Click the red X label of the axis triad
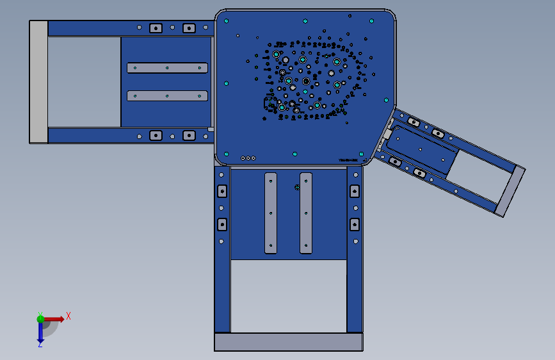pyautogui.click(x=68, y=316)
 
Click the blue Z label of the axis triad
pyautogui.click(x=40, y=344)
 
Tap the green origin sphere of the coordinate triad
pyautogui.click(x=40, y=318)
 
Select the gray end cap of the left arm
pyautogui.click(x=38, y=81)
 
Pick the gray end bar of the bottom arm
pyautogui.click(x=289, y=341)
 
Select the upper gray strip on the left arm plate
pyautogui.click(x=167, y=68)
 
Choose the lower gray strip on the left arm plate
pyautogui.click(x=167, y=95)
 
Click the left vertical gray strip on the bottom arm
pyautogui.click(x=271, y=213)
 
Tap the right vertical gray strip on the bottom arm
pyautogui.click(x=306, y=213)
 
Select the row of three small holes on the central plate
pyautogui.click(x=248, y=158)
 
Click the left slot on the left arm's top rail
pyautogui.click(x=155, y=28)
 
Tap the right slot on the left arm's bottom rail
pyautogui.click(x=189, y=135)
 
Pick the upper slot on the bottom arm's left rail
pyautogui.click(x=222, y=191)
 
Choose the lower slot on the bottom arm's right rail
pyautogui.click(x=355, y=224)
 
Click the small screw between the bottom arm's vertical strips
pyautogui.click(x=297, y=187)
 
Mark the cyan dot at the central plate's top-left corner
pyautogui.click(x=227, y=20)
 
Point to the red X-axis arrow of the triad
pyautogui.click(x=54, y=318)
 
